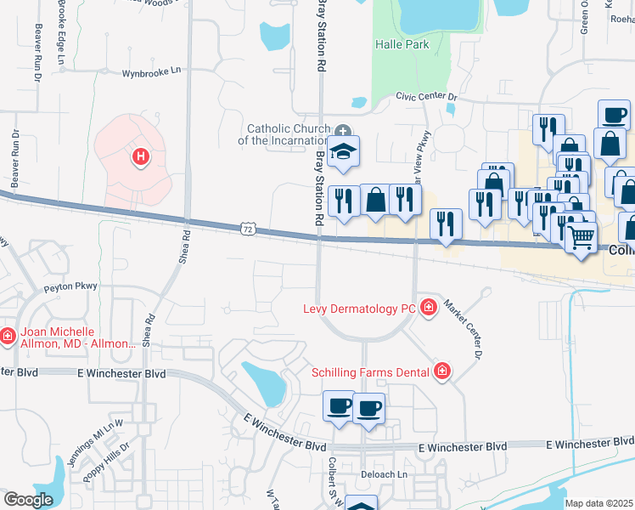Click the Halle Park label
(x=402, y=44)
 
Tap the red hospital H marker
(x=141, y=156)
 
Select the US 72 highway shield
(x=247, y=229)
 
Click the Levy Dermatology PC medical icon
(x=428, y=307)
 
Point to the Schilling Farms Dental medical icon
(x=441, y=371)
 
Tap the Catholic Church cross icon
(x=343, y=131)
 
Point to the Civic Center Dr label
(x=426, y=97)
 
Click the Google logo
(x=29, y=500)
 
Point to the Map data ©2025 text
(x=598, y=503)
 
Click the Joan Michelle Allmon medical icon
(x=8, y=337)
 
